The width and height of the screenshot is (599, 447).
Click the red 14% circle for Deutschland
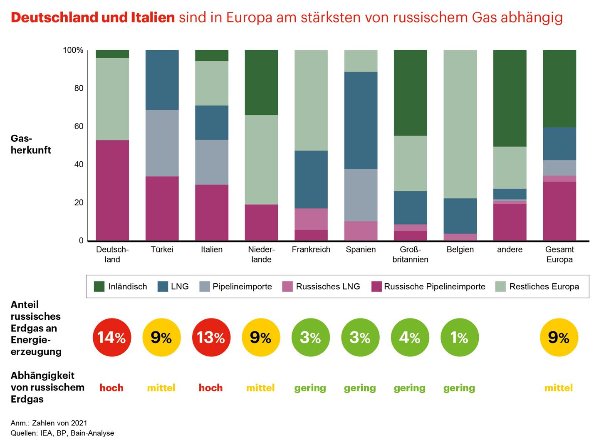tap(112, 337)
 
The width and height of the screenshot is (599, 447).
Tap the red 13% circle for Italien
tap(211, 337)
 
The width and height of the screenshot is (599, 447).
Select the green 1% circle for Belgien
tap(460, 337)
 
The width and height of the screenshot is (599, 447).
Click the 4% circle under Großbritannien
tap(410, 337)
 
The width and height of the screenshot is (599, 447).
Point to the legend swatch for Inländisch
tap(99, 286)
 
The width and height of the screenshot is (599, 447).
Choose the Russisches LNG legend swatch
tap(287, 286)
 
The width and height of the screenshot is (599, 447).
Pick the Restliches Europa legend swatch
tap(501, 286)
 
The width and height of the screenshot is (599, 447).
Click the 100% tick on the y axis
tap(73, 50)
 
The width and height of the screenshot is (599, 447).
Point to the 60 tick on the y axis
tap(79, 126)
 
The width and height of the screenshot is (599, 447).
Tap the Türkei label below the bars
tap(162, 249)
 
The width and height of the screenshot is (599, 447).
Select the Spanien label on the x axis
tap(361, 249)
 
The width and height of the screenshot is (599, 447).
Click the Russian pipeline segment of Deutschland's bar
tap(112, 190)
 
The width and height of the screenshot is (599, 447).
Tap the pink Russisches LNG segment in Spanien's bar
tap(361, 231)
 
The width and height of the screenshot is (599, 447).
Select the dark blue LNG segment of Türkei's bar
tap(162, 80)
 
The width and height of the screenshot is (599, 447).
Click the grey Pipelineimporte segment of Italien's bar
tap(212, 162)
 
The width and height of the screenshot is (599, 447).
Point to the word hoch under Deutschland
tap(111, 388)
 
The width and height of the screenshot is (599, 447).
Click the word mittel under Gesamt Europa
tap(559, 388)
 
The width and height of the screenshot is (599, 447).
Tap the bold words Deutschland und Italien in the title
tap(93, 17)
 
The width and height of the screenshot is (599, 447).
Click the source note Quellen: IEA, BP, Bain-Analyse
tap(62, 433)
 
